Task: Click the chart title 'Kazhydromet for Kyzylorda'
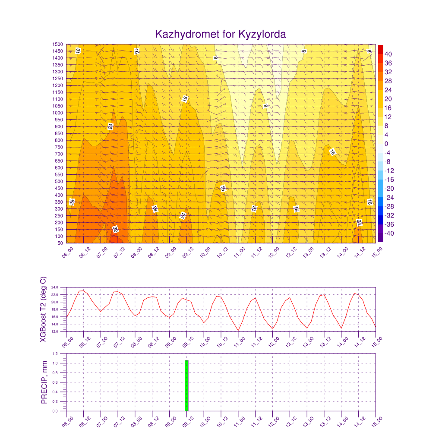(x=221, y=34)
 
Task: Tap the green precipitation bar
(x=186, y=385)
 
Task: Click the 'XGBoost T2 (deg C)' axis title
(x=43, y=309)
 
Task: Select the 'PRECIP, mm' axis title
(x=44, y=382)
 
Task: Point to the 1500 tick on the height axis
(x=57, y=44)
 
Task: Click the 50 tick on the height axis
(x=60, y=243)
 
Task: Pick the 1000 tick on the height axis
(x=57, y=113)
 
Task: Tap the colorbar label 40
(x=388, y=54)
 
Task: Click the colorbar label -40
(x=389, y=234)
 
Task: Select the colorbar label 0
(x=386, y=144)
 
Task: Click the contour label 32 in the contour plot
(x=115, y=230)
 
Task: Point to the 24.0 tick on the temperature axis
(x=55, y=287)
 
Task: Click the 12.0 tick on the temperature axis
(x=55, y=331)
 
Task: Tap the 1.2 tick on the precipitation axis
(x=55, y=354)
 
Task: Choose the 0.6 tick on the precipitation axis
(x=55, y=382)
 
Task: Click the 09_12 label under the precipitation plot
(x=188, y=422)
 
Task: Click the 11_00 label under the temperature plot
(x=239, y=342)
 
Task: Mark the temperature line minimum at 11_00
(x=238, y=330)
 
